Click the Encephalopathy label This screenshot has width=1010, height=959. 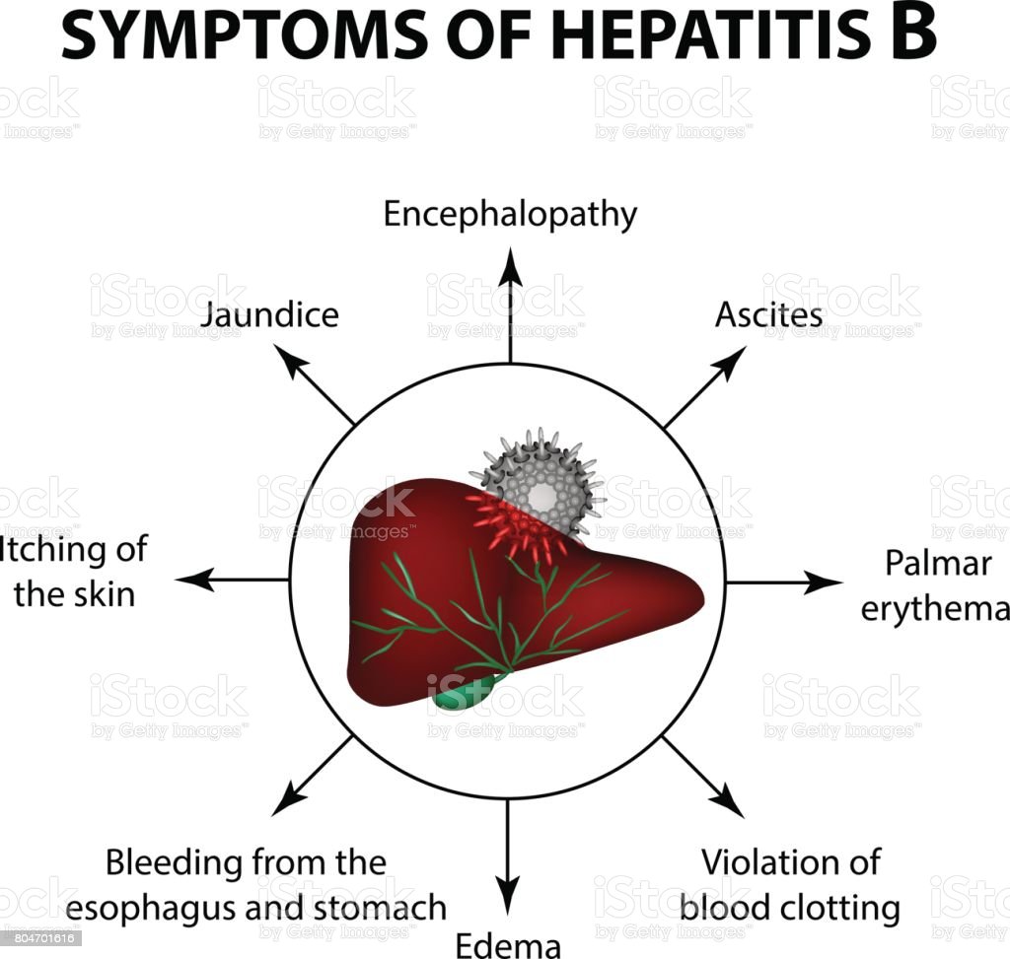pos(510,214)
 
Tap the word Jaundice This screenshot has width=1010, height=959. pos(268,314)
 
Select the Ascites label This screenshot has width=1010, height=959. pos(768,314)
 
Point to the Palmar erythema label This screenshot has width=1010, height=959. pos(934,585)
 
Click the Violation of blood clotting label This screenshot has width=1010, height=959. pos(800,884)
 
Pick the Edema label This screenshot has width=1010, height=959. pos(507,944)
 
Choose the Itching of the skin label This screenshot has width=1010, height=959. pos(74,572)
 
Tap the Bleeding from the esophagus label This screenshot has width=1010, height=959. pos(275,884)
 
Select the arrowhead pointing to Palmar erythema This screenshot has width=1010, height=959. pos(825,582)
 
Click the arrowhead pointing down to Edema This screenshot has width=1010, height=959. pos(507,901)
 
